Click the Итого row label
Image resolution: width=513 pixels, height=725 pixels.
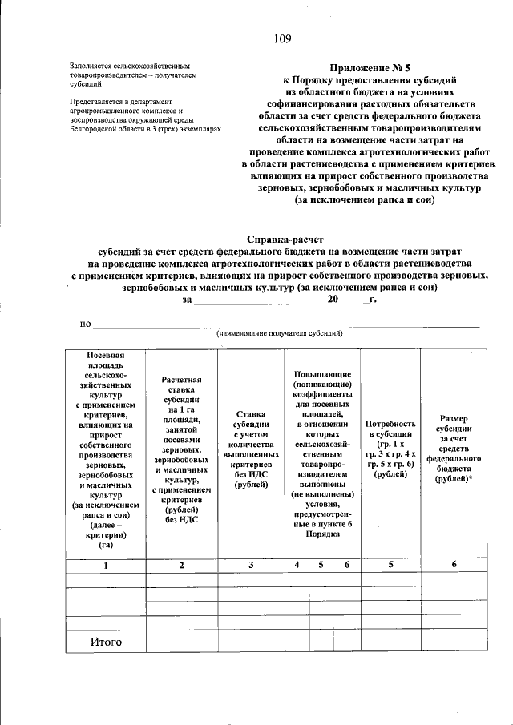tap(105, 642)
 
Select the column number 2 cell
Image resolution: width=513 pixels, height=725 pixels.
tap(181, 566)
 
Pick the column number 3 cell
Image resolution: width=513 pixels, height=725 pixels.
tap(251, 566)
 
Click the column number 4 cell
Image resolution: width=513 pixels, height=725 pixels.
tap(297, 566)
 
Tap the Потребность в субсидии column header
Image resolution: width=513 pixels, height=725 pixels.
tap(390, 449)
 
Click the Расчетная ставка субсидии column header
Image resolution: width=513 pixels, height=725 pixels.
tap(181, 449)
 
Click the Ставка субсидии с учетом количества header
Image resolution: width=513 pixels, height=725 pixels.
tap(251, 449)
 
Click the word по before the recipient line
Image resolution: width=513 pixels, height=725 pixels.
tap(84, 323)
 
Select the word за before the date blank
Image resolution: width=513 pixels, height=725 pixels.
tap(188, 300)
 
